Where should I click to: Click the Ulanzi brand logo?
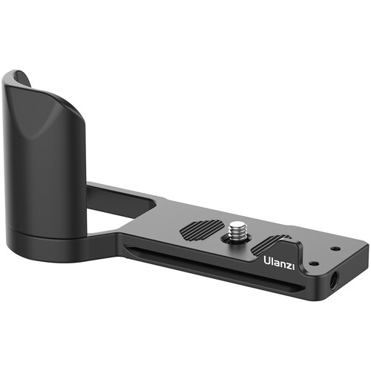coord(279,260)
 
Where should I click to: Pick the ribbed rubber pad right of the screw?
coord(274,243)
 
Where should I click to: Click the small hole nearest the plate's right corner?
coord(335,249)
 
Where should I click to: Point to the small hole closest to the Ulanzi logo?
coord(313,262)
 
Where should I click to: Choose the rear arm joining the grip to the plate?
coord(122,194)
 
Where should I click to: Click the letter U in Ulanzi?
coord(266,260)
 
